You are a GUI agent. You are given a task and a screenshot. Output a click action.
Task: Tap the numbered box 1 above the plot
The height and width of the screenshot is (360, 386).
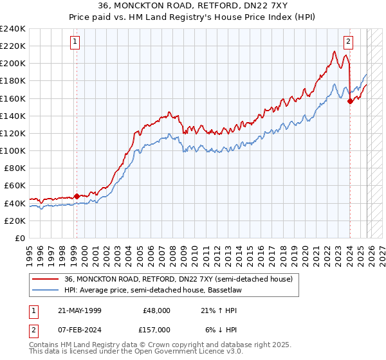pyautogui.click(x=75, y=42)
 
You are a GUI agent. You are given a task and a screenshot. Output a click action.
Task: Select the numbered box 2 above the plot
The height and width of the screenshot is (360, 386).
pyautogui.click(x=348, y=42)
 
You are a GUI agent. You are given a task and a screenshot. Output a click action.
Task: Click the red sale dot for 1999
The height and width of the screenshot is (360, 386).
pyautogui.click(x=77, y=196)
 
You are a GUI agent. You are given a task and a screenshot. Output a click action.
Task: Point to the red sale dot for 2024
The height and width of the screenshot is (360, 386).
pyautogui.click(x=350, y=101)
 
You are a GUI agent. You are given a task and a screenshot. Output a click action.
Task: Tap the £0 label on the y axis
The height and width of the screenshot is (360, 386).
pyautogui.click(x=19, y=238)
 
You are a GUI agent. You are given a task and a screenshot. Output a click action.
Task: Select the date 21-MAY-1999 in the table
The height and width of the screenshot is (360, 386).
pyautogui.click(x=79, y=310)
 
